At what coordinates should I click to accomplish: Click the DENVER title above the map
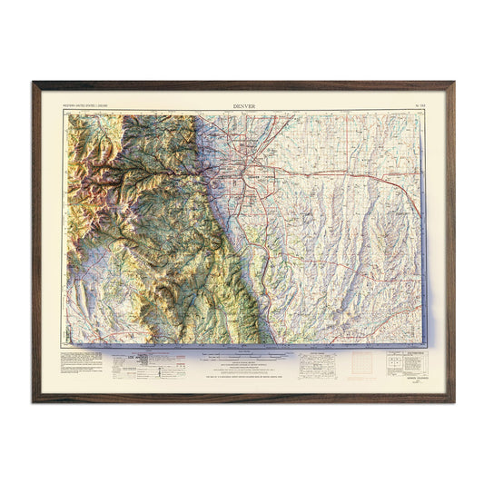pos(243,106)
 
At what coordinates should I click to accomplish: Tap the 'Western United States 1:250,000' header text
pos(87,106)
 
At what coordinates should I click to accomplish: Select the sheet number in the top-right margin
pos(419,106)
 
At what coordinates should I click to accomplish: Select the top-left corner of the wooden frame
pos(35,84)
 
